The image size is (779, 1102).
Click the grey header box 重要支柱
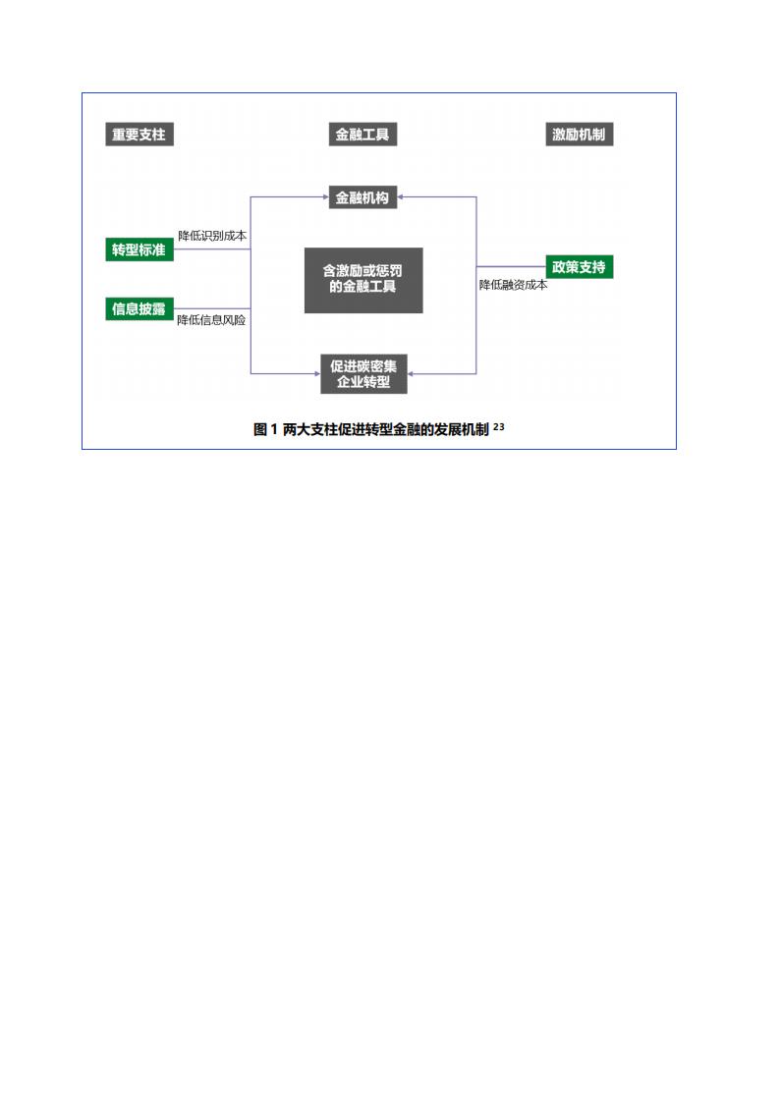(x=139, y=135)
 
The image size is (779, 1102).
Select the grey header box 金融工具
(x=362, y=135)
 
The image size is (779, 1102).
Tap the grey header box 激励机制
(x=580, y=135)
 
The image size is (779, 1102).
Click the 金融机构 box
(x=362, y=197)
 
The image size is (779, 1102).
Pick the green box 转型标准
(x=139, y=249)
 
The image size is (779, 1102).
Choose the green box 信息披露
(x=139, y=308)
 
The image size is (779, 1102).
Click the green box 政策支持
(x=580, y=267)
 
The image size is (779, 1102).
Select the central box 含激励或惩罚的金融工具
(x=363, y=280)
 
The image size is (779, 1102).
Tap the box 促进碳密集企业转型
(x=363, y=374)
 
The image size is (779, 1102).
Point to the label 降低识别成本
(x=212, y=236)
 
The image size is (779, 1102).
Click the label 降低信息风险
(x=211, y=320)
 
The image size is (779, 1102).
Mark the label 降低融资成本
(x=513, y=286)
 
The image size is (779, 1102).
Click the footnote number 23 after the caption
(x=498, y=426)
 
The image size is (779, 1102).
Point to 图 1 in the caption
(x=265, y=429)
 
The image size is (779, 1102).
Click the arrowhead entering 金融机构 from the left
(x=325, y=197)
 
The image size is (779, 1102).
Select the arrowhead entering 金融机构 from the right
(x=401, y=197)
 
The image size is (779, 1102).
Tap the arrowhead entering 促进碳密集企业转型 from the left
(x=317, y=374)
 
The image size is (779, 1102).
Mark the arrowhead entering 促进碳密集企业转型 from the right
(x=411, y=374)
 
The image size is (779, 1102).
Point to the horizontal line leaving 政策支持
(x=511, y=267)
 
